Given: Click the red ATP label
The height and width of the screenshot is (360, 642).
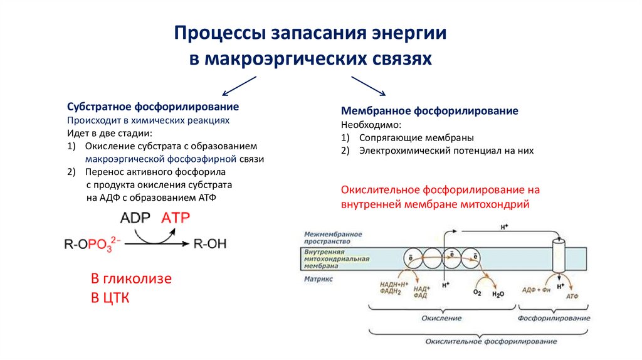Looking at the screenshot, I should point(176,218).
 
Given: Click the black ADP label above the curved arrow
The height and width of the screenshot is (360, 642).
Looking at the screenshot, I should point(135,218).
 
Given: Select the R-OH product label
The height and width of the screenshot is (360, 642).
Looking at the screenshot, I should point(210,243).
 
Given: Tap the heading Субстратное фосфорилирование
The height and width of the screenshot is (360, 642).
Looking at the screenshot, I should point(153,107).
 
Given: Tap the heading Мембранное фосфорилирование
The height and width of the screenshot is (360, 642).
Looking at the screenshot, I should point(429,111).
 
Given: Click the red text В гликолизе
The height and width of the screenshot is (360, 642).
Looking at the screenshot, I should point(132,278).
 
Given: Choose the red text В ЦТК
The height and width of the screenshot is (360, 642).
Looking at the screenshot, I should point(110,297).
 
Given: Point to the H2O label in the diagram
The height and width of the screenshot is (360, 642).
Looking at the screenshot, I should point(498,293).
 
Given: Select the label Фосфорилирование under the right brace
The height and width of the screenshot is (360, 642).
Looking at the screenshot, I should point(554,318).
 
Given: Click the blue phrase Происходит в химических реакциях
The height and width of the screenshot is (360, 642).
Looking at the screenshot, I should point(148,120).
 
